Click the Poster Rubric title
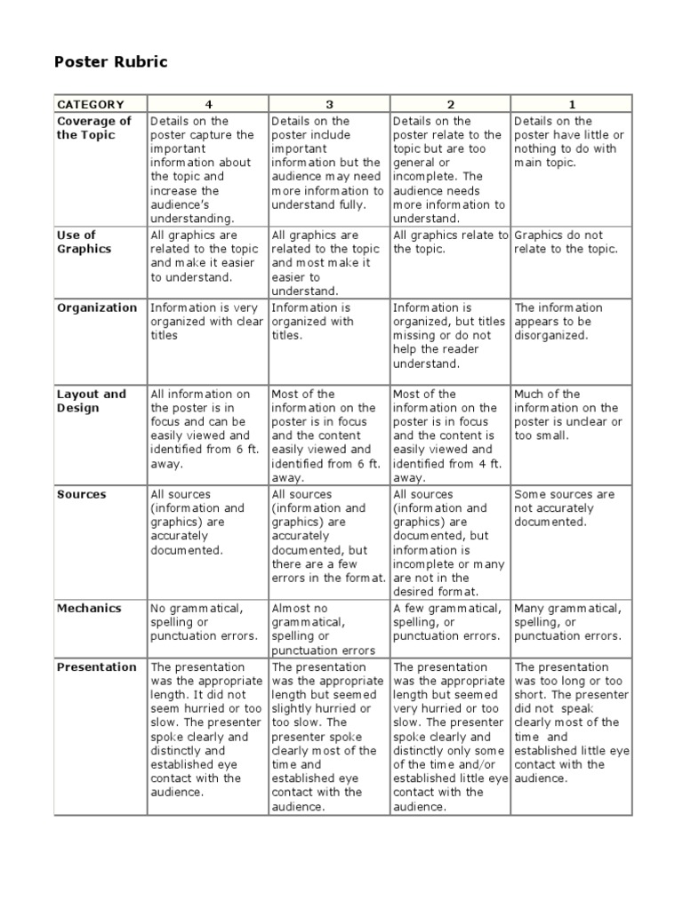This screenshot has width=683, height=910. click(x=111, y=62)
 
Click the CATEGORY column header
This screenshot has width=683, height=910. click(x=90, y=104)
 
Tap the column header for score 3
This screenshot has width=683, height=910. click(x=328, y=104)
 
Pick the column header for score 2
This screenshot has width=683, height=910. click(x=449, y=104)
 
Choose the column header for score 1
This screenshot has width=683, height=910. click(x=571, y=104)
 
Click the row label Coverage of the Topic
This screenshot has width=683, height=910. click(x=94, y=128)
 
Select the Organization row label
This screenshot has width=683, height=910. click(x=97, y=307)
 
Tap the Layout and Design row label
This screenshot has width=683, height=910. click(x=92, y=401)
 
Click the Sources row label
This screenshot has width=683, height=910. click(x=81, y=494)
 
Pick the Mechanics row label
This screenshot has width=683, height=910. click(x=89, y=609)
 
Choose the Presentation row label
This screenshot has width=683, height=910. click(x=97, y=667)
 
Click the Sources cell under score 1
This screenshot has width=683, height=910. click(x=564, y=508)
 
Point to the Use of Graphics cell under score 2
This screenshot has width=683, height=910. click(x=449, y=243)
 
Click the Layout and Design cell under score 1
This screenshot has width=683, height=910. click(x=568, y=415)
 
